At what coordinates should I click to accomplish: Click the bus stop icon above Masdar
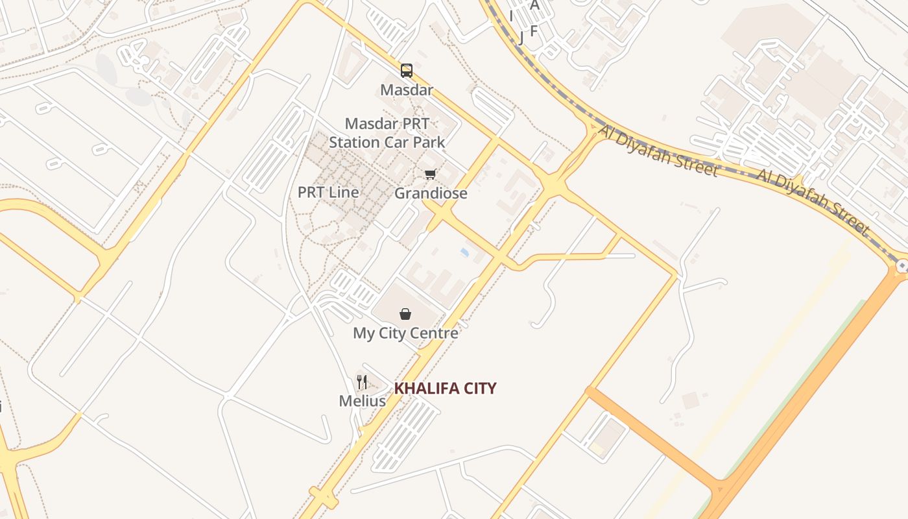click(x=407, y=70)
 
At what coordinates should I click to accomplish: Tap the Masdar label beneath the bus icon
click(x=407, y=90)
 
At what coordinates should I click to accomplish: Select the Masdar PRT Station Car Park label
click(x=387, y=133)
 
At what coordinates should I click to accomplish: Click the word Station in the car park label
click(x=354, y=142)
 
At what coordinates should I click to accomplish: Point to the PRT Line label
click(x=328, y=192)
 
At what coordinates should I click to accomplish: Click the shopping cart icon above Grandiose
click(x=431, y=174)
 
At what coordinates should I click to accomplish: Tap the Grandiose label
click(x=431, y=193)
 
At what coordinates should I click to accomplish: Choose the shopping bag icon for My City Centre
click(x=405, y=315)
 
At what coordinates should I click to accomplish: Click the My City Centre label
click(x=405, y=333)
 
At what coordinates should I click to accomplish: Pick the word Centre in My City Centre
click(x=436, y=333)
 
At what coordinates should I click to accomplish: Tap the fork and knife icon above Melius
click(x=362, y=382)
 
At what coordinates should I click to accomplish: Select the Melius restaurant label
click(x=362, y=401)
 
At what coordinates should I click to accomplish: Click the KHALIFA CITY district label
click(x=446, y=389)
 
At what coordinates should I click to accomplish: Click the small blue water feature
click(x=464, y=252)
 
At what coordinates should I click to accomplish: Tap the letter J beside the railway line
click(x=521, y=37)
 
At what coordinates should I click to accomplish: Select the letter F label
click(x=534, y=30)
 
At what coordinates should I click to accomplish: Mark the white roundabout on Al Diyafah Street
click(x=902, y=266)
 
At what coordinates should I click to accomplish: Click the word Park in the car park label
click(x=431, y=142)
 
